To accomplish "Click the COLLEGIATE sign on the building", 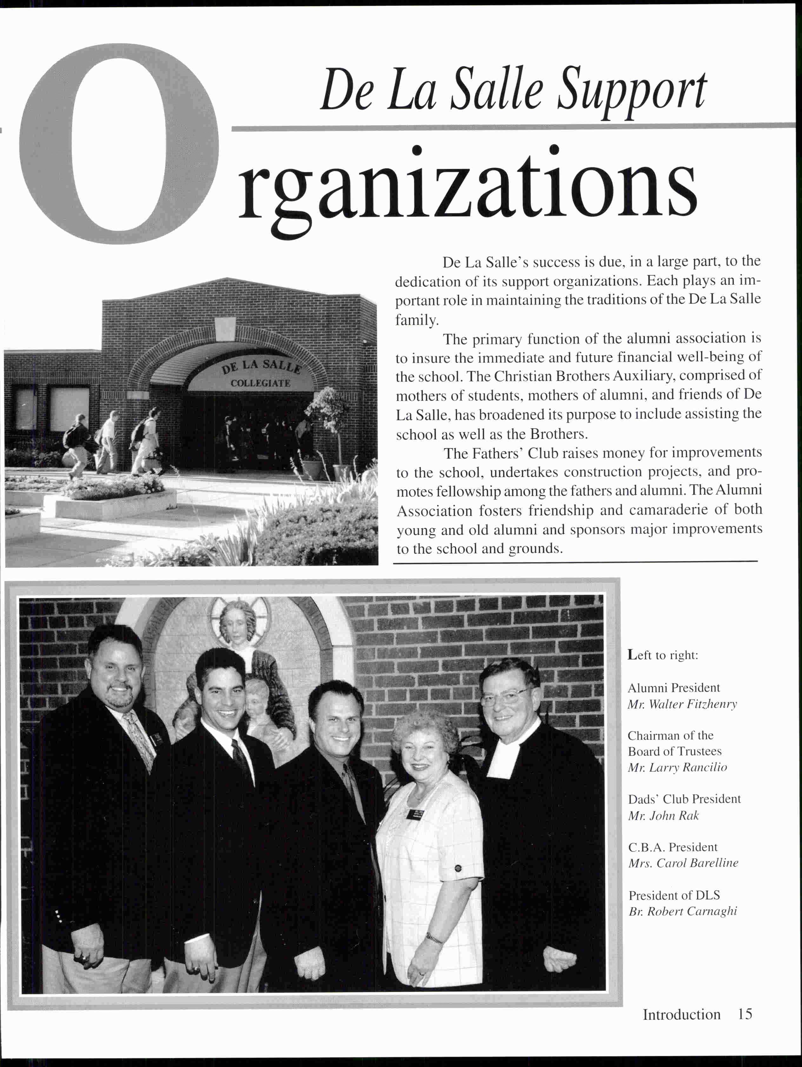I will [x=260, y=383].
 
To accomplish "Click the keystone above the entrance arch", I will [x=225, y=328].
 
